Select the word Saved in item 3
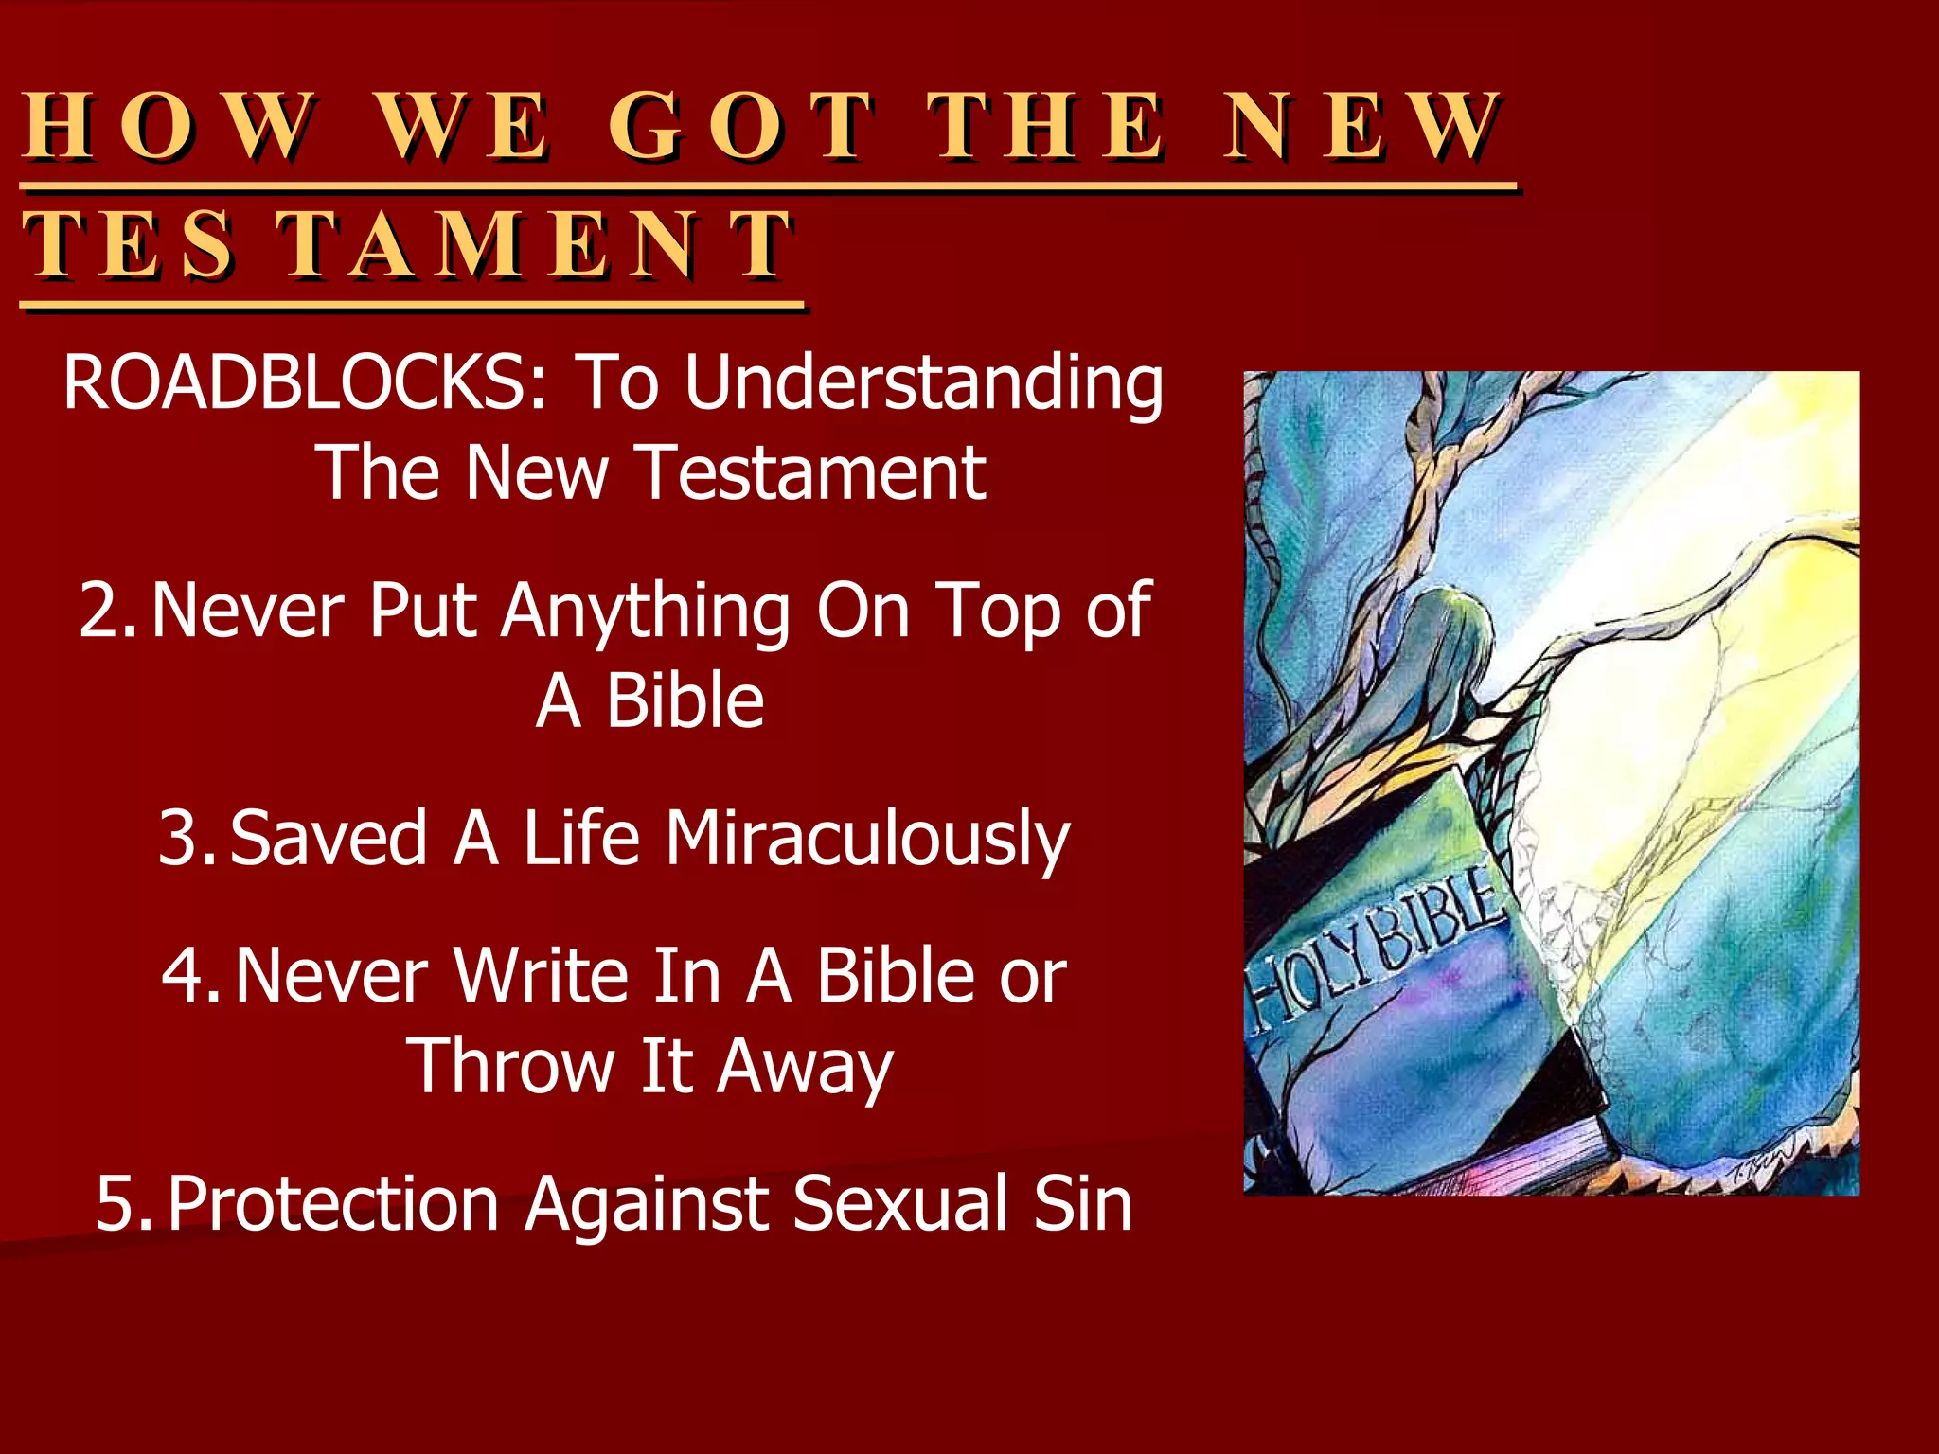[x=328, y=838]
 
